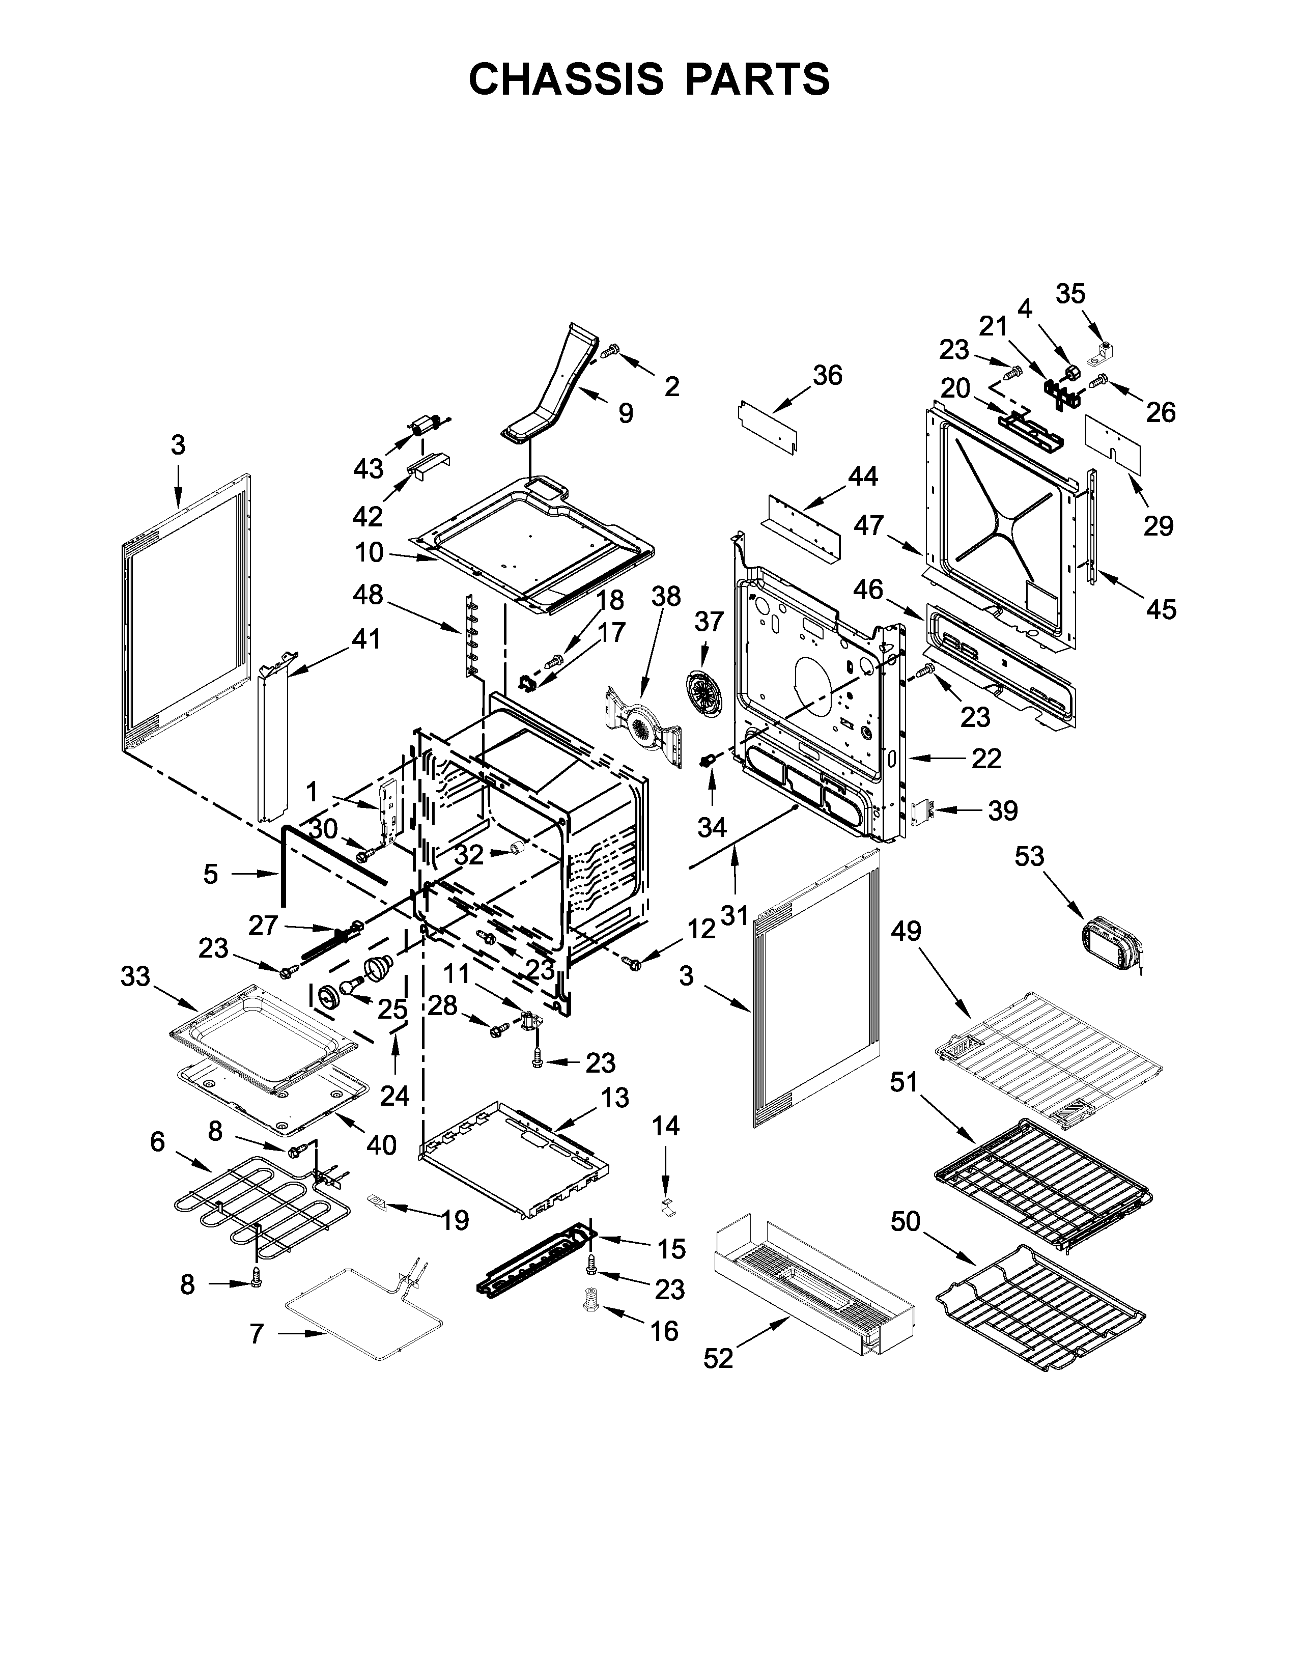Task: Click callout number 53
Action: point(1029,856)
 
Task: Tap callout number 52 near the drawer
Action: point(718,1359)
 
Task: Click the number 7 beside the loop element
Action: point(257,1334)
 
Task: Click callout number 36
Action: point(827,375)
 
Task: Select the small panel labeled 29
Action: point(1113,444)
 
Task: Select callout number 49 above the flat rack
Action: point(906,932)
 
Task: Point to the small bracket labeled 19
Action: point(376,1201)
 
